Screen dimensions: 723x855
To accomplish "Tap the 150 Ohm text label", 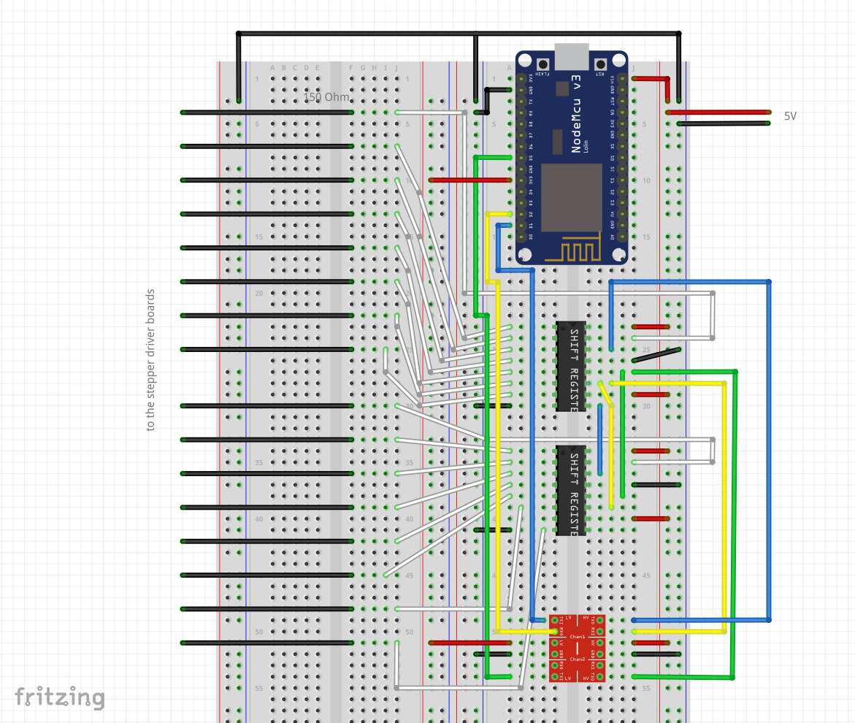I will tap(326, 98).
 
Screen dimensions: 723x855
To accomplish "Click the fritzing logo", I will tap(60, 697).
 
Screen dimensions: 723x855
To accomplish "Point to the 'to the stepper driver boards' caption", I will tap(151, 360).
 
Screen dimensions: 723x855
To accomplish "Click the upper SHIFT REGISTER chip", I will tap(571, 367).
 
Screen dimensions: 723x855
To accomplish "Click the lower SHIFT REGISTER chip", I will tap(571, 491).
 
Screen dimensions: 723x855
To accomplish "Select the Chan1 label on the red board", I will tap(577, 637).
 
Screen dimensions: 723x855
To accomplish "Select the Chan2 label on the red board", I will tap(577, 659).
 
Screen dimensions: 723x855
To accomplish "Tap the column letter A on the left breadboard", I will tap(272, 68).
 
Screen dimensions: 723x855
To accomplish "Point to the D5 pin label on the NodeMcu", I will tap(531, 158).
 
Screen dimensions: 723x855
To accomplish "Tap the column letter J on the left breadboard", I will tap(396, 68).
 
